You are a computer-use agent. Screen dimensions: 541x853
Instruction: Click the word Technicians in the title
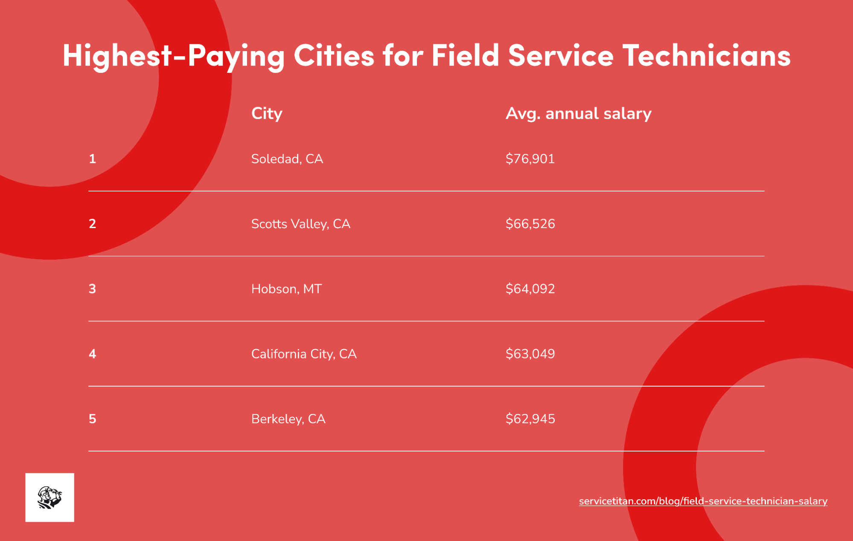pos(706,55)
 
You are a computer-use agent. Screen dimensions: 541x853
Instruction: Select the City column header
pos(267,113)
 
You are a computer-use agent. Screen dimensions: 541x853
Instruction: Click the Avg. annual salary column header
pos(578,113)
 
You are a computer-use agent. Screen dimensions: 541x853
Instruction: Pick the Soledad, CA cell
pos(287,159)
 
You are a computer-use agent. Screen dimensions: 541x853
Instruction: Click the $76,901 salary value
pos(530,159)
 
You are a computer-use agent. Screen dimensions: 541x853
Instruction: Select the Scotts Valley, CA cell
pos(300,224)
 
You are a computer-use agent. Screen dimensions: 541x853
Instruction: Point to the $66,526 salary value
pos(530,224)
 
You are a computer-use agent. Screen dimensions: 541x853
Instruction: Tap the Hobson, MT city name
pos(286,289)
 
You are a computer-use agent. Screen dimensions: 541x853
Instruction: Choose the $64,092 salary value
pos(530,289)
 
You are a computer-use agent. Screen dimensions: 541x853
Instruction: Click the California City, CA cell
pos(303,354)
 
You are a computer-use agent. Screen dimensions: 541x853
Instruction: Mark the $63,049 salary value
pos(530,354)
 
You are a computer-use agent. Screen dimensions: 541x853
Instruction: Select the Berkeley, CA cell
pos(288,419)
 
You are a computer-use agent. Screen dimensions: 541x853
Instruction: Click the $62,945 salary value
pos(530,419)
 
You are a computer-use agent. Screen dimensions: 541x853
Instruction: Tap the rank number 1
pos(92,159)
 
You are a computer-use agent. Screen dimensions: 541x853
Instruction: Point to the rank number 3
pos(92,289)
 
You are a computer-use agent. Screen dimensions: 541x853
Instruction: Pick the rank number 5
pos(92,419)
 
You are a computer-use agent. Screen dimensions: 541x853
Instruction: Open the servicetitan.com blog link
pos(703,501)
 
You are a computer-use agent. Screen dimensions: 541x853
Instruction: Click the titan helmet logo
pos(49,498)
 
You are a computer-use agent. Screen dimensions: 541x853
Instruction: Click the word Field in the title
pos(465,55)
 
